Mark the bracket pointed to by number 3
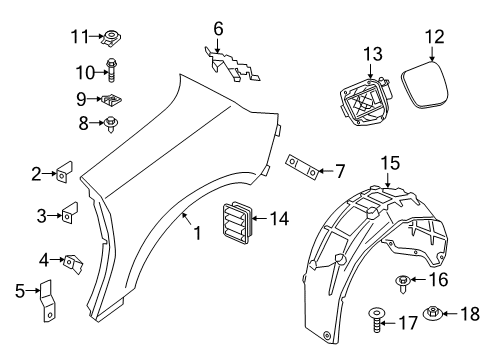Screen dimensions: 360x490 [71, 214]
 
